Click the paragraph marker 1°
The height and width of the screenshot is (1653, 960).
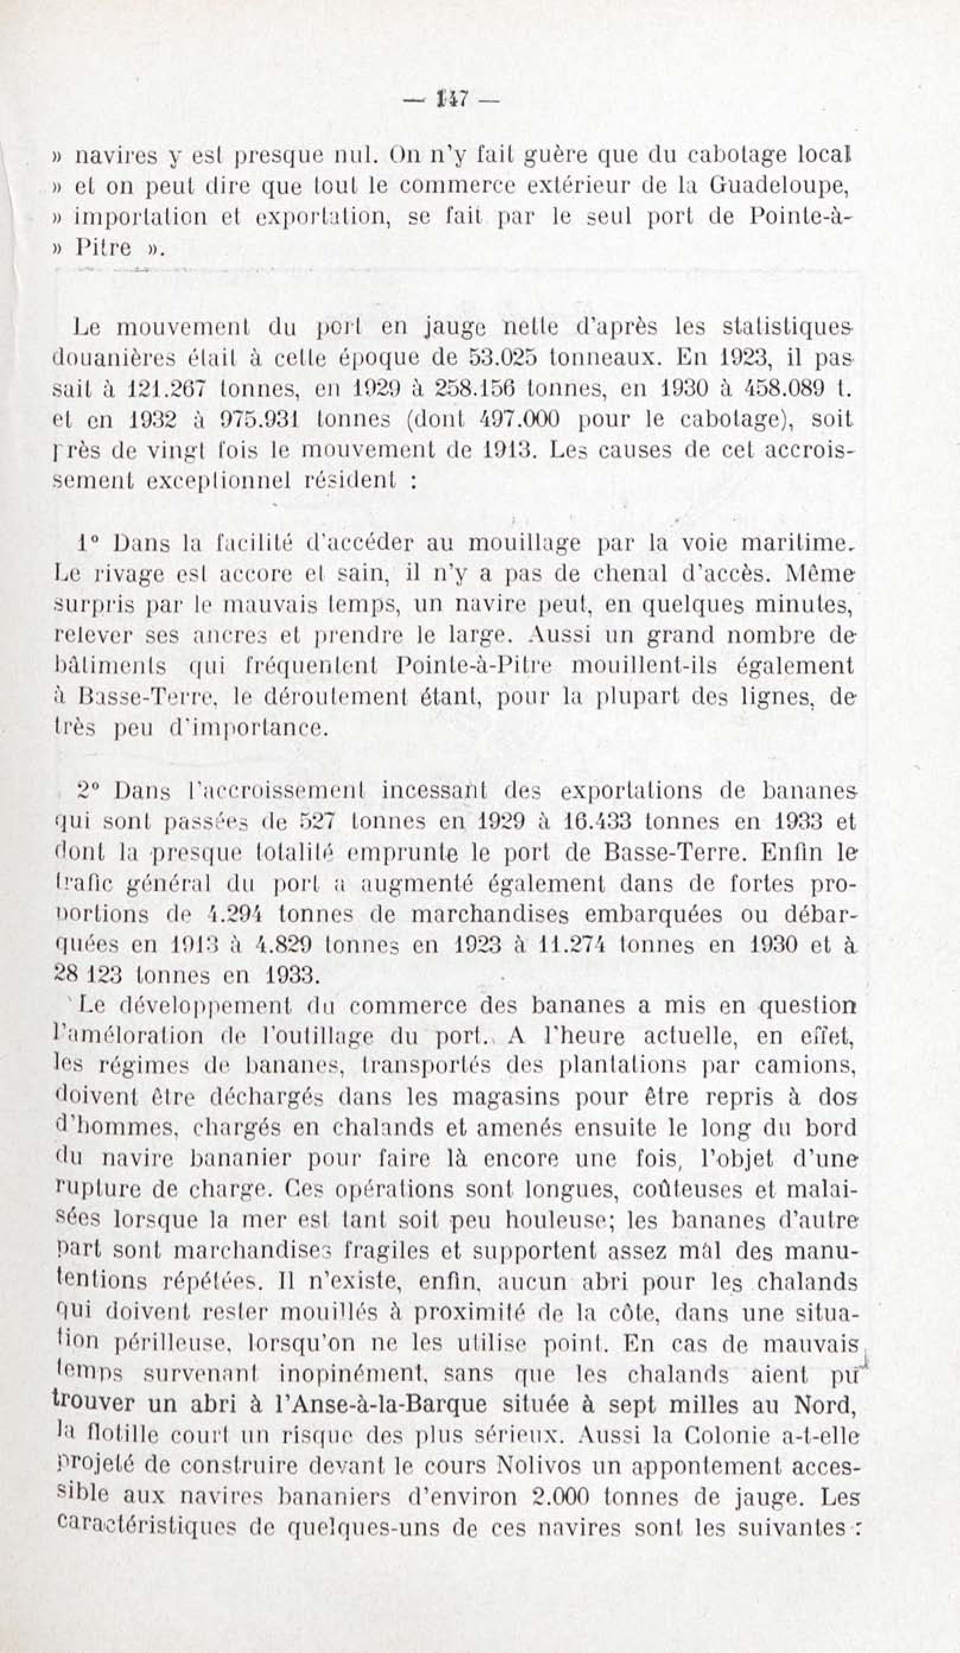tap(89, 544)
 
